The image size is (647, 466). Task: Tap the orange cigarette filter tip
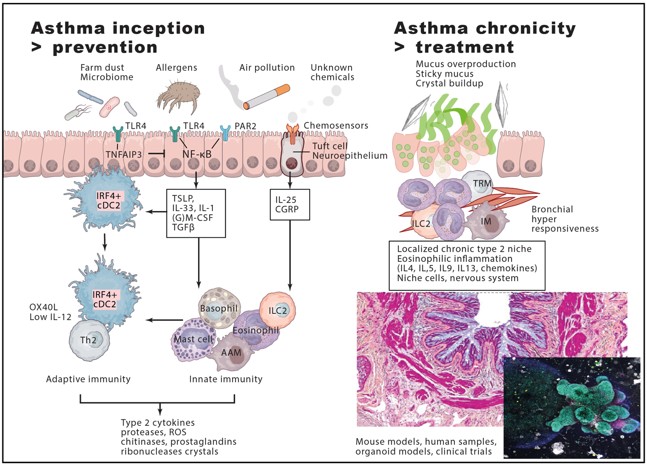pos(283,90)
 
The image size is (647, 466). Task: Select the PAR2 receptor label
pos(245,126)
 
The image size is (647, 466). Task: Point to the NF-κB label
pos(197,154)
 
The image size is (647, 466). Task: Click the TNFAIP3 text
pos(124,154)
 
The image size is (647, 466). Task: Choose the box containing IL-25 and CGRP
pos(289,205)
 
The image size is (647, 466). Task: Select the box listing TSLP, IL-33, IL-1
pos(196,213)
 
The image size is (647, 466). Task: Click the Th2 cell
pos(89,340)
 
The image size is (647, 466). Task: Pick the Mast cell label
pos(193,339)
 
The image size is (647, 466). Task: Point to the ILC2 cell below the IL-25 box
pos(278,310)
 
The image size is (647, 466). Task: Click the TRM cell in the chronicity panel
pos(481,184)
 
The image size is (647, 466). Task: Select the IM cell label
pos(486,221)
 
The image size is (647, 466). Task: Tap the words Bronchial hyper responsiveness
pos(564,219)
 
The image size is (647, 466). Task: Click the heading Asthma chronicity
pos(485,28)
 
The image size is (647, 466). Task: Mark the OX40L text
pos(44,307)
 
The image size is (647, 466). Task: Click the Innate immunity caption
pos(226,379)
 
